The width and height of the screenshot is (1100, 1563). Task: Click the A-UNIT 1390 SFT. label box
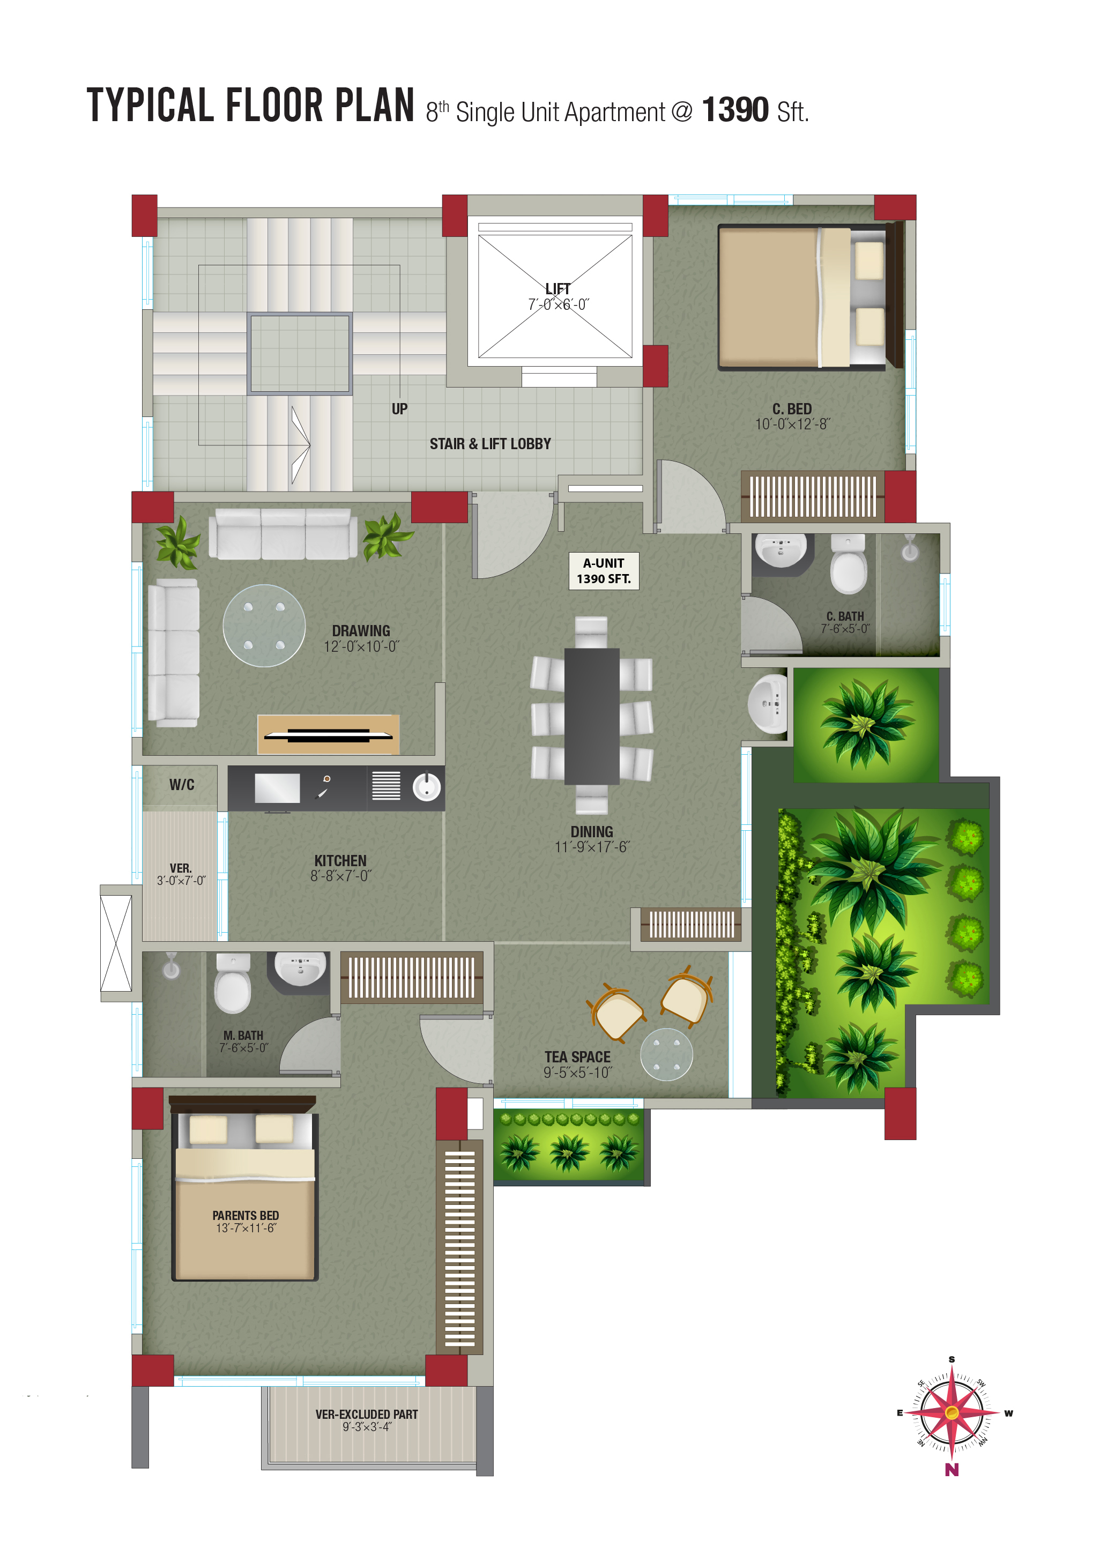click(x=603, y=570)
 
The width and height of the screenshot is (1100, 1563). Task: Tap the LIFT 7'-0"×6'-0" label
click(x=558, y=297)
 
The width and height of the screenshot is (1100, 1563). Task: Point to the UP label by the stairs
click(x=399, y=409)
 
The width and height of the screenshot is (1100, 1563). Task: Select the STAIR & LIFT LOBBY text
click(x=490, y=444)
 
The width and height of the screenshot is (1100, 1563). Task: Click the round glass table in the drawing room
click(x=264, y=626)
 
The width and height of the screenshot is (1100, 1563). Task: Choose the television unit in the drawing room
click(x=328, y=734)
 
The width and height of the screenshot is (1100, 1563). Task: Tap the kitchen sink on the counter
click(x=427, y=787)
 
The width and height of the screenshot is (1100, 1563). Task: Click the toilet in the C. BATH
click(x=848, y=564)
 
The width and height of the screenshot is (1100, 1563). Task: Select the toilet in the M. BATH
click(x=233, y=983)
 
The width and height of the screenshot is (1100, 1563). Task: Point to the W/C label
click(x=182, y=785)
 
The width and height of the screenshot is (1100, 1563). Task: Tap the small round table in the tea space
click(x=666, y=1054)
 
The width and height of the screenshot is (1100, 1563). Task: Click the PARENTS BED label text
click(x=246, y=1216)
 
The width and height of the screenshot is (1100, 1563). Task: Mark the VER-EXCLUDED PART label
click(x=367, y=1414)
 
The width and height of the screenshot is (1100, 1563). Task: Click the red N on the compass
click(x=952, y=1470)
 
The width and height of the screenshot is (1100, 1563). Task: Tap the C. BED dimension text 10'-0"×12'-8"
click(x=792, y=424)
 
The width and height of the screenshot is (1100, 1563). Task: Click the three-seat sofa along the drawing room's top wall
click(x=283, y=534)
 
